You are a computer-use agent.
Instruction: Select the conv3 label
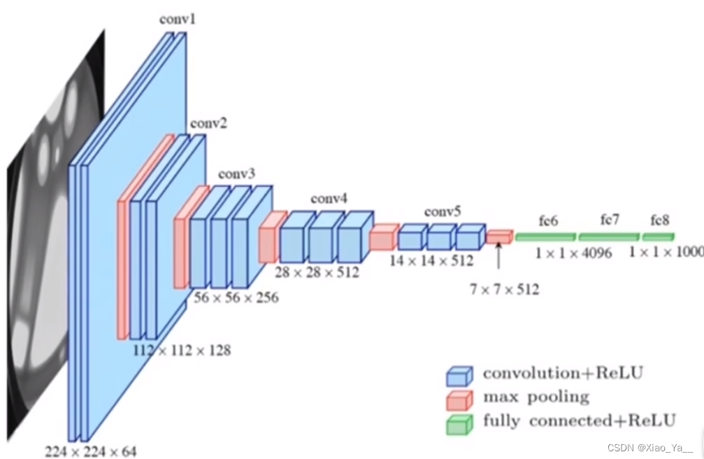[237, 173]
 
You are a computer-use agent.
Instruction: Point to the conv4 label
[329, 199]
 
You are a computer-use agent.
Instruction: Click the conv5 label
[442, 211]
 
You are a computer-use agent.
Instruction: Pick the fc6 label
[548, 221]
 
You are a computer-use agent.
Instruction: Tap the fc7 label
[610, 220]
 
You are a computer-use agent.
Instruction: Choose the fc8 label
[660, 220]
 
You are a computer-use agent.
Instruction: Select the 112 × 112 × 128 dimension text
[182, 349]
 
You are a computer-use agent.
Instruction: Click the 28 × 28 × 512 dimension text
[317, 271]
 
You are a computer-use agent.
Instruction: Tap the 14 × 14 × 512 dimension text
[432, 261]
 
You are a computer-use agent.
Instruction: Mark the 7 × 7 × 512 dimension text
[504, 289]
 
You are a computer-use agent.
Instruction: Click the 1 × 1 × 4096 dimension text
[573, 253]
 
